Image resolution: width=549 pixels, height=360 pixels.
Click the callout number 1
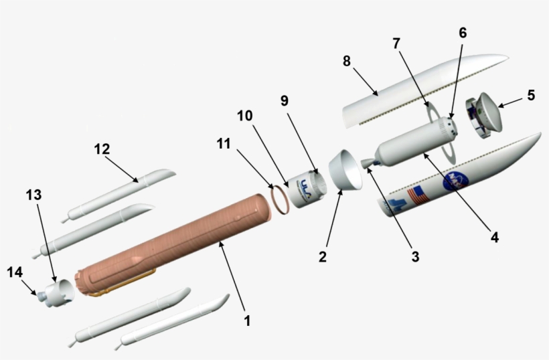(x=247, y=321)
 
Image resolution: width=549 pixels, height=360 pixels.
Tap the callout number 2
(x=323, y=257)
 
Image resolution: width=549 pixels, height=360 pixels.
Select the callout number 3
(x=414, y=257)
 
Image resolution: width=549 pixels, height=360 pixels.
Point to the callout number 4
(x=494, y=236)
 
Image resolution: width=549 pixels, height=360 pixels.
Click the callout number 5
(x=530, y=95)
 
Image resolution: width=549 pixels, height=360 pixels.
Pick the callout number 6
(x=463, y=33)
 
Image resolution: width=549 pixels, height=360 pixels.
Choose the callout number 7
(x=396, y=43)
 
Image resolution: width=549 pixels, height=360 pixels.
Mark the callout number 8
(x=346, y=61)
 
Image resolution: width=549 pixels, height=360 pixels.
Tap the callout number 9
(x=285, y=101)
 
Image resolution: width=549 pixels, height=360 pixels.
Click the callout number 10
(x=244, y=116)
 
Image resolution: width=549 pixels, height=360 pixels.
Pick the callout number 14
(x=15, y=272)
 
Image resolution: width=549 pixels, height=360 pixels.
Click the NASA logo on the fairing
(x=453, y=180)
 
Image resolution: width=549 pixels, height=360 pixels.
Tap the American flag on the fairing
(x=420, y=195)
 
